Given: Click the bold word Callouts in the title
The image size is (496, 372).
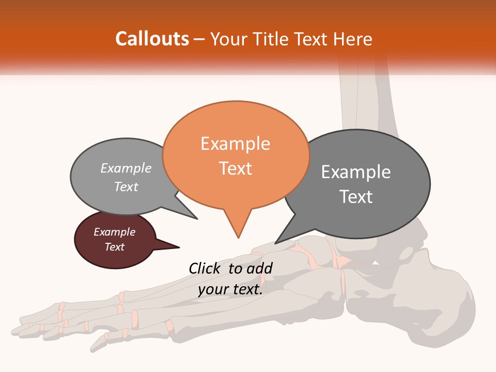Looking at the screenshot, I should point(152,39).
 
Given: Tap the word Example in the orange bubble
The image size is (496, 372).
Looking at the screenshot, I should point(235,144).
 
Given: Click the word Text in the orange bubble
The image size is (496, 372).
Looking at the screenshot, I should point(235,168).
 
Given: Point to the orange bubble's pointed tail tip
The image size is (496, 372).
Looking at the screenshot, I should point(238,238).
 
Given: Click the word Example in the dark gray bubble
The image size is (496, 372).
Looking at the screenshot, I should point(356,172).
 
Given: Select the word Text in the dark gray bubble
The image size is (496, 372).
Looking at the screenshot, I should point(356,197).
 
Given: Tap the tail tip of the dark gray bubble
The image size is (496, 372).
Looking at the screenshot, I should point(275,243).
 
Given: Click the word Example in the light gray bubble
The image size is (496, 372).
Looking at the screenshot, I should point(126,168).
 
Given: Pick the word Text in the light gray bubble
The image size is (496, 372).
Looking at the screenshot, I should point(126,187).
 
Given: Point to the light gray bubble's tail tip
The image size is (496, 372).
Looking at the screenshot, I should point(197,219).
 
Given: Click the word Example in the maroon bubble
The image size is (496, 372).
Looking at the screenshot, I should point(114,232).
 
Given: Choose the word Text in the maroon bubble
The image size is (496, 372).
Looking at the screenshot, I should point(114,247).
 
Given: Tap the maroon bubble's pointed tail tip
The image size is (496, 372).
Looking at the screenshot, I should point(179,247).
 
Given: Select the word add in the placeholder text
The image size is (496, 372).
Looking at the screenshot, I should point(260,268).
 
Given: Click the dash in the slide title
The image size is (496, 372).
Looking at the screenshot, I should point(199,40).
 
